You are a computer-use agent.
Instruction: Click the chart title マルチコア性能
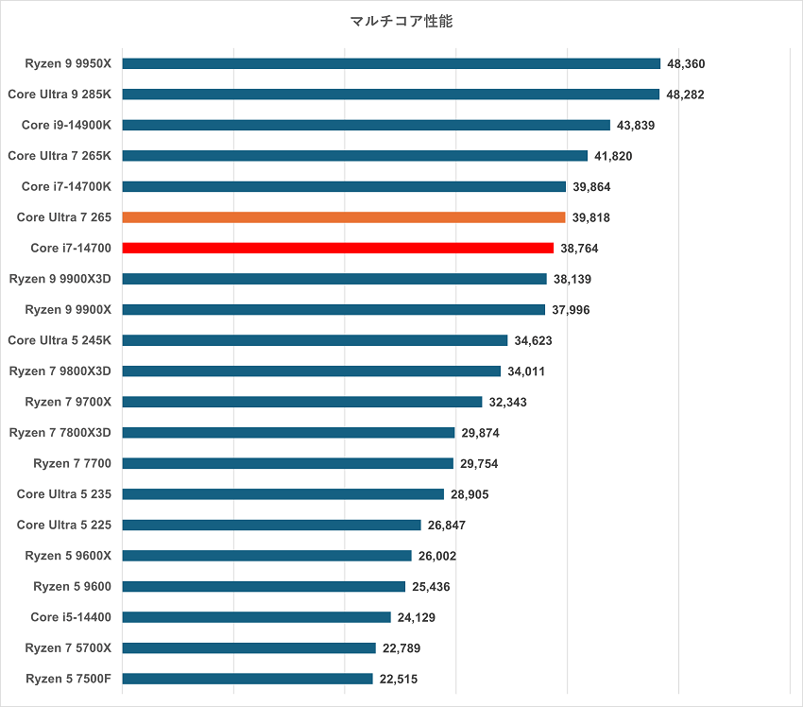[401, 21]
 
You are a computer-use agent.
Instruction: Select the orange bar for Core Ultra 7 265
[344, 217]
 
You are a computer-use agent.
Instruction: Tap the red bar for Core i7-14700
[338, 248]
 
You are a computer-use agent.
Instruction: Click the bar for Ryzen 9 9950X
[391, 63]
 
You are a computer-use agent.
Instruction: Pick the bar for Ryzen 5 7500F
[248, 679]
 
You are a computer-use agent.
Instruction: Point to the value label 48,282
[686, 95]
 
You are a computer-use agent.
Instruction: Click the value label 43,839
[637, 125]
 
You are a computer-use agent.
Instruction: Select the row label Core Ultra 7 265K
[60, 155]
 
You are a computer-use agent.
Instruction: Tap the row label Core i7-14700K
[66, 186]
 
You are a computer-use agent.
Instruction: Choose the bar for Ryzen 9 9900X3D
[334, 279]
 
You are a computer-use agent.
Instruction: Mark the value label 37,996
[572, 310]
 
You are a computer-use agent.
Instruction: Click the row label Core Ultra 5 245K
[60, 340]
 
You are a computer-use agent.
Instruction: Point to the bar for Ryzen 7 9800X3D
[312, 371]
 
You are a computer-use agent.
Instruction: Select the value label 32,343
[508, 402]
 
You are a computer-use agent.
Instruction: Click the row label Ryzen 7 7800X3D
[60, 432]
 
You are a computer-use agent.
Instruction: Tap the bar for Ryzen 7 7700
[288, 463]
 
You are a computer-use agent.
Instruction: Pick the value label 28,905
[470, 494]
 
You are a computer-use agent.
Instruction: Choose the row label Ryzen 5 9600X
[68, 555]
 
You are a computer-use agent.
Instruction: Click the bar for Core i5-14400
[257, 617]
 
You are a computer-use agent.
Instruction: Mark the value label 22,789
[401, 647]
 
